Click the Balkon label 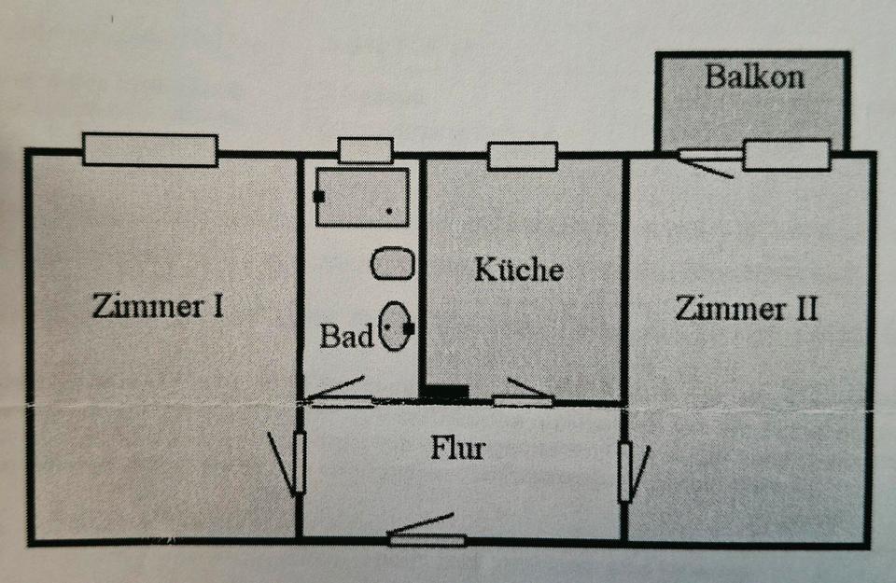point(754,76)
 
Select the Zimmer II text point(747,309)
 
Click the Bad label point(346,336)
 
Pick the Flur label point(457,449)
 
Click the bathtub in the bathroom point(362,197)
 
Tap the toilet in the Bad point(396,326)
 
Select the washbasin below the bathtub point(393,263)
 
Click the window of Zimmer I point(150,149)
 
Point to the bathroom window point(366,151)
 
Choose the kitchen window point(523,156)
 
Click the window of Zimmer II point(787,154)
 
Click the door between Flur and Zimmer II point(633,472)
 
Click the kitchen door point(524,394)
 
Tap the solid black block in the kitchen point(447,392)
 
